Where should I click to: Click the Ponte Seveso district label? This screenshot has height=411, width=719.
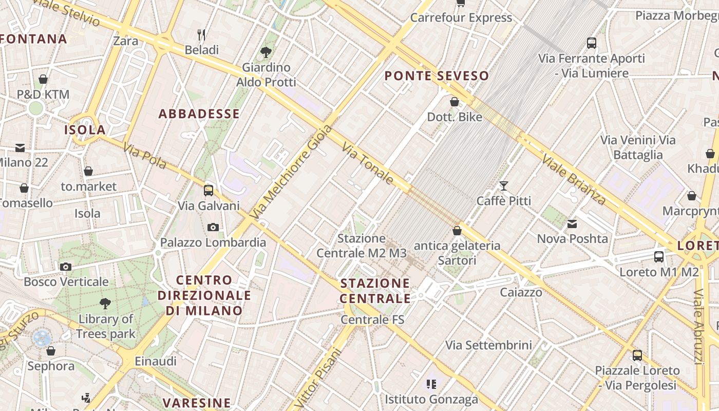(x=437, y=76)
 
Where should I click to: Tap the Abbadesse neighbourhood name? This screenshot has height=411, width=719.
(x=199, y=114)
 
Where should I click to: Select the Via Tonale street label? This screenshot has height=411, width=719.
(x=368, y=164)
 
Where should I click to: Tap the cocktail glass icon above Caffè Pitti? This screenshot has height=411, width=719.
(x=503, y=185)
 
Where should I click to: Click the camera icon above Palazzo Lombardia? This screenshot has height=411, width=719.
(x=213, y=227)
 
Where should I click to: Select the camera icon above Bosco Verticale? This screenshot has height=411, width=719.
(x=66, y=267)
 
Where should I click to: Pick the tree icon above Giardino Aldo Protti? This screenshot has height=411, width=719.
(x=266, y=51)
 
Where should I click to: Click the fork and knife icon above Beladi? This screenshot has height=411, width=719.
(x=202, y=35)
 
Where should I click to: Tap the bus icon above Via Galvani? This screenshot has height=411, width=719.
(x=209, y=191)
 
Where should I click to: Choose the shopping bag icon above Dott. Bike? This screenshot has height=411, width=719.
(x=455, y=102)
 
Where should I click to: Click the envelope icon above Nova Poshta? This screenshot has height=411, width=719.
(x=572, y=223)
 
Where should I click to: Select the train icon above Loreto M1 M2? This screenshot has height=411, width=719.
(x=659, y=256)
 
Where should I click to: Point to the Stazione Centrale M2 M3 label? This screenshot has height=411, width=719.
(x=362, y=246)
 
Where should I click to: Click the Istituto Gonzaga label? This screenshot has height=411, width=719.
(x=431, y=399)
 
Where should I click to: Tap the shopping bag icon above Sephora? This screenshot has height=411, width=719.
(x=51, y=351)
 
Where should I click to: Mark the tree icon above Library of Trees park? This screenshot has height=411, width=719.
(x=105, y=303)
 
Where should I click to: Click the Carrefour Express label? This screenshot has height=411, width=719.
(x=461, y=18)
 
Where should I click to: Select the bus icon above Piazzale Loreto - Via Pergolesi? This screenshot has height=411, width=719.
(x=637, y=355)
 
